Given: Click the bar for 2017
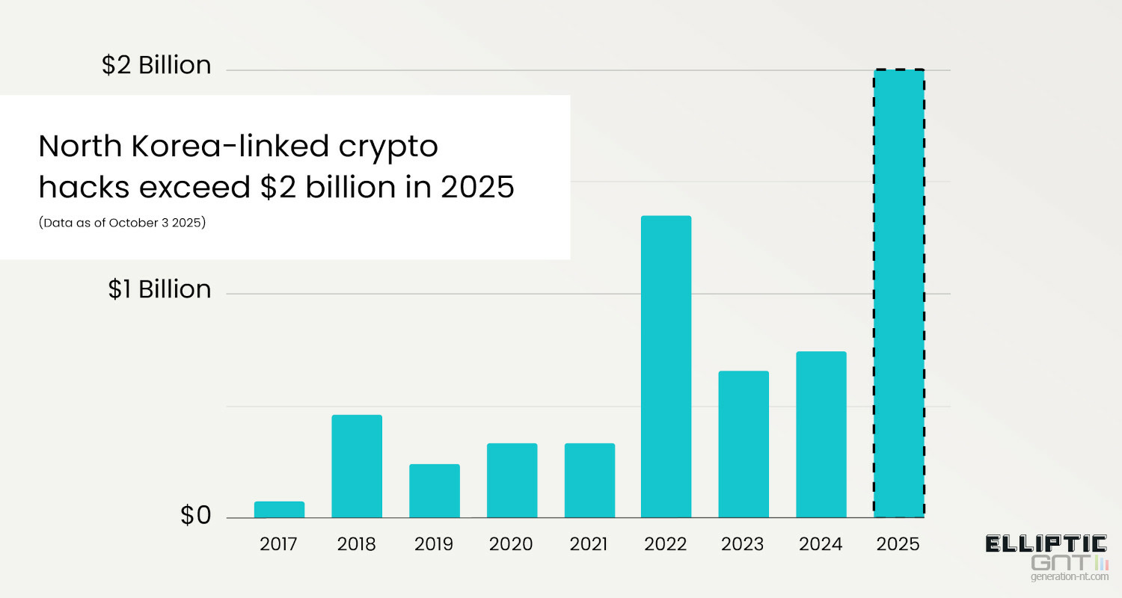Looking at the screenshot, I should tap(279, 509).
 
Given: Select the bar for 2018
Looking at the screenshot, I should tap(357, 466).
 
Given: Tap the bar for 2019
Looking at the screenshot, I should tap(435, 490).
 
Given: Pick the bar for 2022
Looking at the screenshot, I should tap(666, 366).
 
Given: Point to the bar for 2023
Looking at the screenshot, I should tap(744, 444).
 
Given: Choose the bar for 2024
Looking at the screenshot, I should tap(821, 434).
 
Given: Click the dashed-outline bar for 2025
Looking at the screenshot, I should tap(899, 293).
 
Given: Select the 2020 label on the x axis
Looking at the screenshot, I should tap(511, 543).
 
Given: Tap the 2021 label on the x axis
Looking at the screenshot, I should tap(589, 543).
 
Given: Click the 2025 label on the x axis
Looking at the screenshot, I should tap(898, 543).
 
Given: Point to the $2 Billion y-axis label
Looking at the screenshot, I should tap(156, 66).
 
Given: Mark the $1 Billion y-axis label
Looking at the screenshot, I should tap(159, 289).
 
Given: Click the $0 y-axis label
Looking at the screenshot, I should tap(196, 516).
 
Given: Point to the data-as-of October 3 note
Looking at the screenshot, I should tap(122, 224).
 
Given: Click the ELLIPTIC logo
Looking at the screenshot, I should tap(1046, 543).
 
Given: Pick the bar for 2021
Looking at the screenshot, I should tap(589, 480).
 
